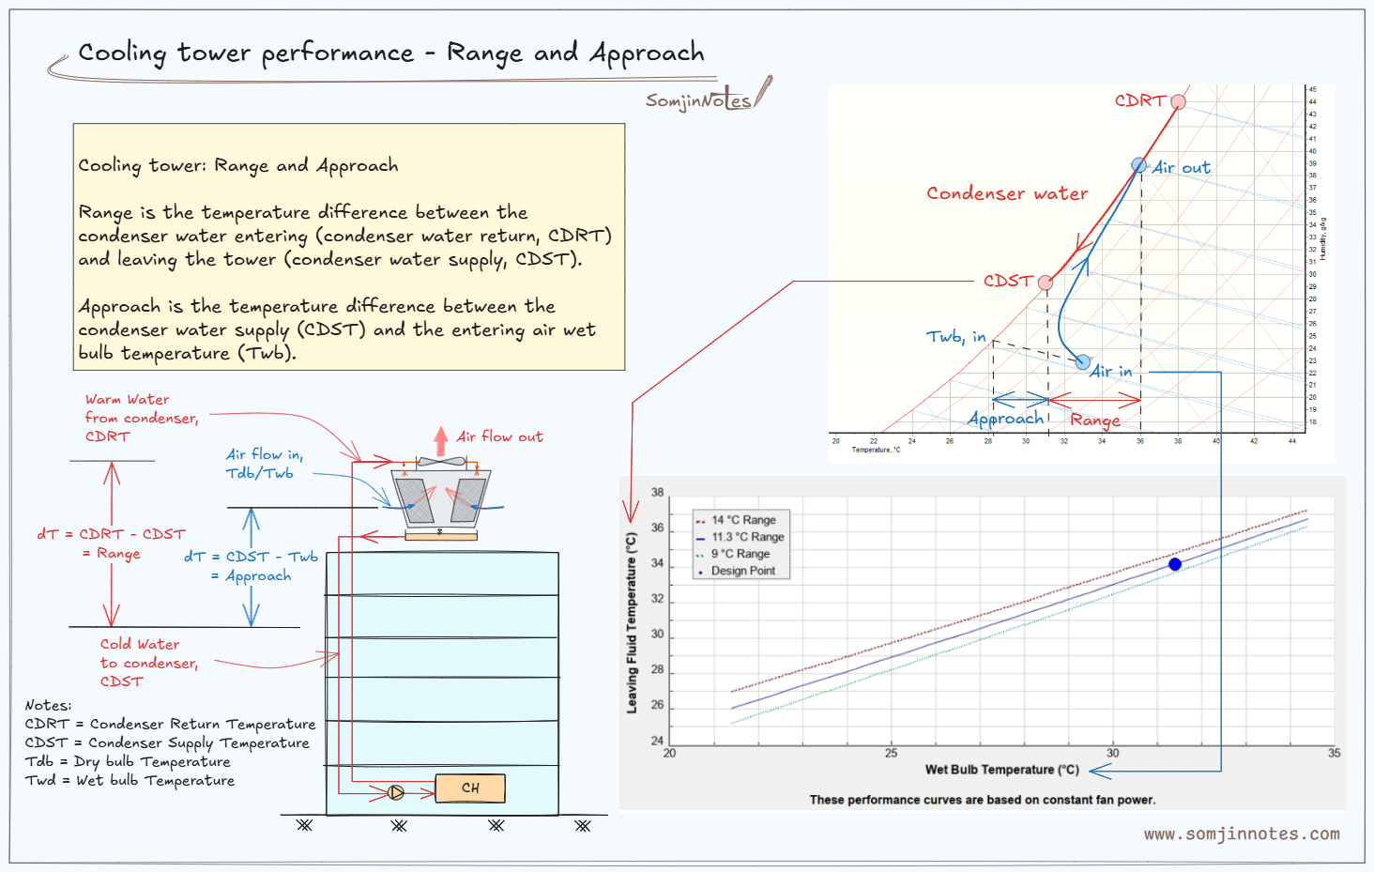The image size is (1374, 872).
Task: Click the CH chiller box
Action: coord(470,788)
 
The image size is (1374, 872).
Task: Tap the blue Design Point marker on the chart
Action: coord(1175,564)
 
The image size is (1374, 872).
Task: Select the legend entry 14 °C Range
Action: coord(742,520)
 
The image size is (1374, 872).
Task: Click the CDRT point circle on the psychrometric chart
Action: coord(1178,101)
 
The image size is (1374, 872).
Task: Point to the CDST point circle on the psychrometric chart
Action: coord(1046,283)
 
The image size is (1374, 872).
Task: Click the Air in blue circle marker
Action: coord(1083,362)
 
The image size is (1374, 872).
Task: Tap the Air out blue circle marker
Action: coord(1138,165)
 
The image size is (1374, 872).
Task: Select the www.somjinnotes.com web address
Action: coord(1241,834)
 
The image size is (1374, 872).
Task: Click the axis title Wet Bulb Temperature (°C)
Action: coord(1001,770)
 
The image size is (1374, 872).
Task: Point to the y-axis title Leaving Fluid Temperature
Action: coord(632,622)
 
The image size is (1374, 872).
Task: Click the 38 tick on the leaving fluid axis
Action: coord(658,492)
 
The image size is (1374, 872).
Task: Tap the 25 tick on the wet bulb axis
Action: coord(891,753)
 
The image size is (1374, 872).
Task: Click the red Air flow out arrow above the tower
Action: coord(441,441)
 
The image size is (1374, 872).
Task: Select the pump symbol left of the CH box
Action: coord(396,793)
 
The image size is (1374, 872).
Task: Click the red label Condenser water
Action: coord(1007,193)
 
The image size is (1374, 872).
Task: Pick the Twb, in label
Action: coord(955,336)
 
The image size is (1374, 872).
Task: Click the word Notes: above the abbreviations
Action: coord(48,705)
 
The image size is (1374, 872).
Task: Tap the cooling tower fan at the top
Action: coord(440,462)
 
